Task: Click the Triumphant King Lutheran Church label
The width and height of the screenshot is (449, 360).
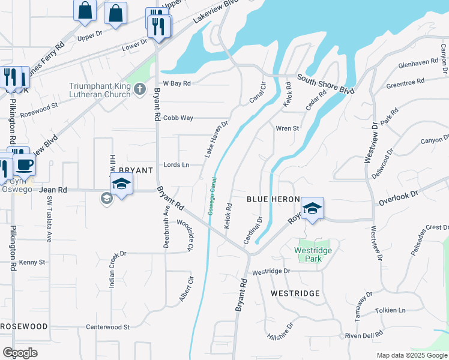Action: [100, 90]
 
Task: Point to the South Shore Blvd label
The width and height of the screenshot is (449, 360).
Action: [326, 83]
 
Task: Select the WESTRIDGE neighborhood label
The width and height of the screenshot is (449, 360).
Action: [295, 293]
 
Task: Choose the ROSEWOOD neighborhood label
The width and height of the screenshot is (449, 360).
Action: [24, 326]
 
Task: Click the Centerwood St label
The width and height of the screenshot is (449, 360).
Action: [108, 327]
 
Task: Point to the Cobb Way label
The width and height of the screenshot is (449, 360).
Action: [178, 118]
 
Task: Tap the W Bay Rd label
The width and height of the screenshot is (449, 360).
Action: [176, 83]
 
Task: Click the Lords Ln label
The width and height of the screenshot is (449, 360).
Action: [176, 164]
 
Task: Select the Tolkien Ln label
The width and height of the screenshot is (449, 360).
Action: [390, 310]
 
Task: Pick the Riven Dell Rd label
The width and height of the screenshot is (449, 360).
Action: [364, 335]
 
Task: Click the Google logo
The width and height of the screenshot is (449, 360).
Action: [20, 353]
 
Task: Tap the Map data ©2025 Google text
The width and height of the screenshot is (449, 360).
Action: [411, 355]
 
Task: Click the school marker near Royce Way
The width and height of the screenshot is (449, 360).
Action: [312, 208]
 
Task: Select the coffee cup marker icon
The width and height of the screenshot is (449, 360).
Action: [24, 165]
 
